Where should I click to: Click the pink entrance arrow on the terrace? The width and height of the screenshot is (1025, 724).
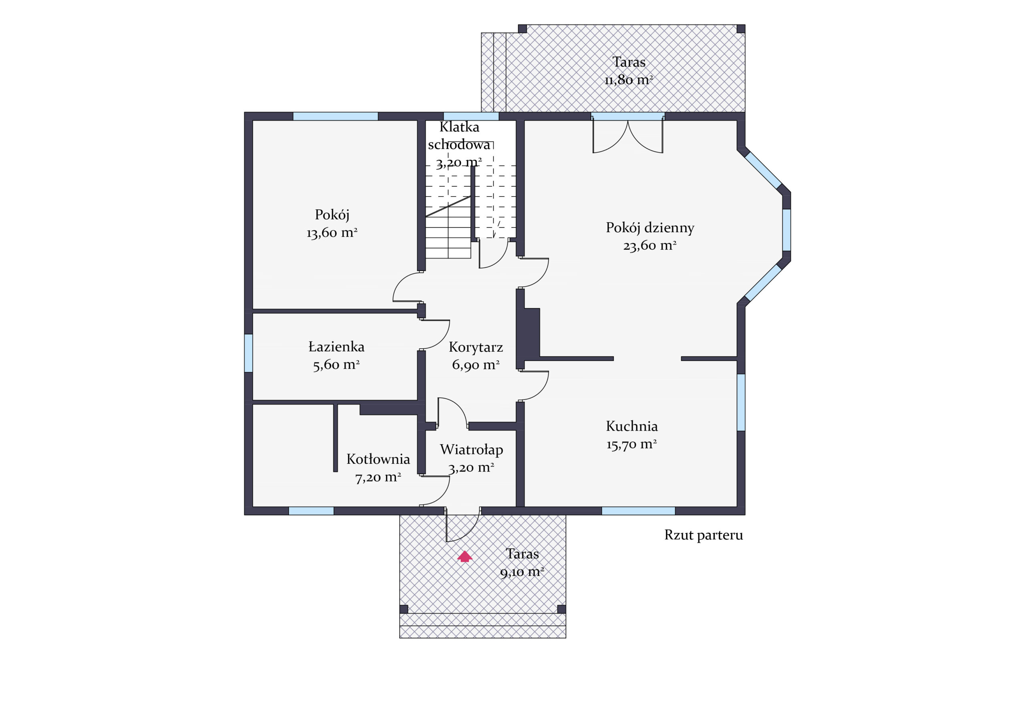(x=465, y=556)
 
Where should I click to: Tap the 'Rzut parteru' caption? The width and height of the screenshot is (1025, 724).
(x=703, y=535)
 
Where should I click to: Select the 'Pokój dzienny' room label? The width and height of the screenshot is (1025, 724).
(x=650, y=228)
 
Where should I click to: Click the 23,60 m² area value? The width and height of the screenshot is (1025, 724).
(x=650, y=245)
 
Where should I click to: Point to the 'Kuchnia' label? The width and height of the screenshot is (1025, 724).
(x=632, y=426)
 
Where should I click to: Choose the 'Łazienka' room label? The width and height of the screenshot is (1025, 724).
(x=336, y=347)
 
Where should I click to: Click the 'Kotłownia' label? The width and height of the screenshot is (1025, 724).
(x=378, y=459)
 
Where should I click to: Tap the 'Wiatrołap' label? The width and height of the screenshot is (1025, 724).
(x=471, y=450)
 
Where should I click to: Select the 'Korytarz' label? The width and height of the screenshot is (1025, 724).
(x=476, y=347)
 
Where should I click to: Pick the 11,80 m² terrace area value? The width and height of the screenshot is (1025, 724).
(x=629, y=80)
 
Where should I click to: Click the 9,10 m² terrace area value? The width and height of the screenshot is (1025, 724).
(x=522, y=572)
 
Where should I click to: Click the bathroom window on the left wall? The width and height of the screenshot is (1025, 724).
(x=249, y=353)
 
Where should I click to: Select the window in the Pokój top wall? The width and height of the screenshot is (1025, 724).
(x=335, y=116)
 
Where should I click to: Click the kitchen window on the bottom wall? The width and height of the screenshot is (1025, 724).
(x=638, y=511)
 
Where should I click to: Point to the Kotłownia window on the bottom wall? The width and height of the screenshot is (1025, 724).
(x=311, y=511)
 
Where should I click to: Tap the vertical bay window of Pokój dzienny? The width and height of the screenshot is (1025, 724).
(x=787, y=230)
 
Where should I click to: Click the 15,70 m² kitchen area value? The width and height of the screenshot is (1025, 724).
(x=631, y=444)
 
